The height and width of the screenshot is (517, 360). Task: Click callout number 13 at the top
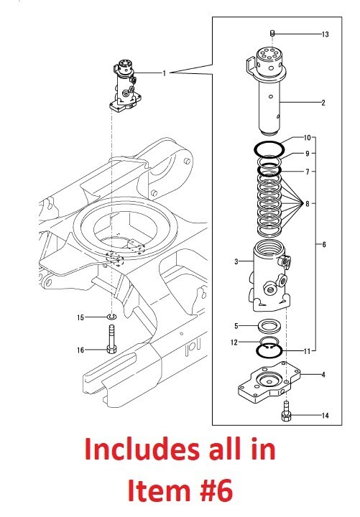(x=325, y=34)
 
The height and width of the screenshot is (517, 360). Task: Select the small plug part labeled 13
(x=273, y=33)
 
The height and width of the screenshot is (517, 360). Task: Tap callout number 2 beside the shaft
(x=323, y=103)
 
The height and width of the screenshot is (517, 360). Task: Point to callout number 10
(x=307, y=137)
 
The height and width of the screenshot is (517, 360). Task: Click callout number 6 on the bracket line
(x=323, y=245)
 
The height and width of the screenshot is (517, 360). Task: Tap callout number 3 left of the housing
(x=236, y=262)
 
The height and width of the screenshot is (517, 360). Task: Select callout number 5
(x=236, y=325)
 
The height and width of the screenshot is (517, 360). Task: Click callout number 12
(x=234, y=342)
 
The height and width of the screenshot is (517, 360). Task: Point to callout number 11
(x=307, y=351)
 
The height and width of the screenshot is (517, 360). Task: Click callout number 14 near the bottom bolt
(x=324, y=415)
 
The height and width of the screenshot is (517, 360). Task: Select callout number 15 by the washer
(x=81, y=317)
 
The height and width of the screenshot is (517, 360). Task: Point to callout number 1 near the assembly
(x=164, y=73)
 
